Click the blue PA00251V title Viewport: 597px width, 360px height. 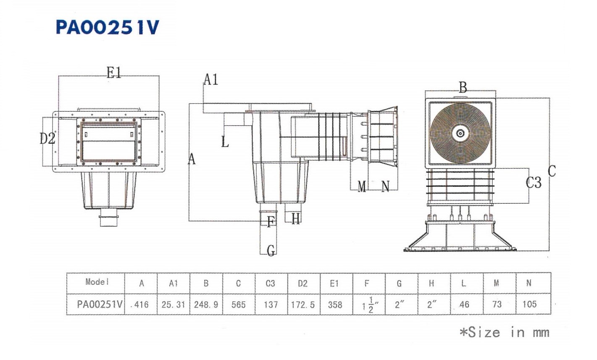[x=108, y=27]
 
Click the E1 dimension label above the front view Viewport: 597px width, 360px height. [x=114, y=73]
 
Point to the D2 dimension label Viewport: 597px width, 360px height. [x=47, y=138]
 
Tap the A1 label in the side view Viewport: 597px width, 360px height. [x=211, y=79]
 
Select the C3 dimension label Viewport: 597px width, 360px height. [x=534, y=183]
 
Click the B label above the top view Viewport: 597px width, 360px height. [x=463, y=87]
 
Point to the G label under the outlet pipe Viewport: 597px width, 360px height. [x=271, y=251]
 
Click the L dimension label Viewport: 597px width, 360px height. [x=225, y=142]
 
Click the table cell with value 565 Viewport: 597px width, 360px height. [x=239, y=305]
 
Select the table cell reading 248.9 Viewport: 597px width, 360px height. [x=206, y=305]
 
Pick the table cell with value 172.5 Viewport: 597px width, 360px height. [x=303, y=305]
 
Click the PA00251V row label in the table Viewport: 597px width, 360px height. [x=100, y=305]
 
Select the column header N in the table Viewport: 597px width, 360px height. [x=529, y=283]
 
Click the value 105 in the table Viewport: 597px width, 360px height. [x=529, y=304]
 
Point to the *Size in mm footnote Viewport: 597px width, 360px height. [x=504, y=332]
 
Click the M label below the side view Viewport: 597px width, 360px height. [x=362, y=187]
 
